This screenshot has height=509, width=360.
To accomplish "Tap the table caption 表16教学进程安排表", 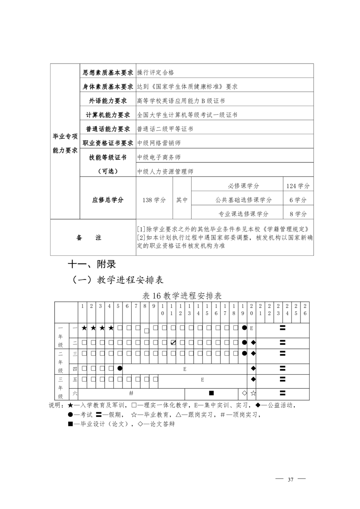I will [182, 295].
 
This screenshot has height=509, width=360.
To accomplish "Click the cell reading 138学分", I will [154, 200].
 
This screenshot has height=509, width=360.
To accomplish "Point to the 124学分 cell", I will [298, 186].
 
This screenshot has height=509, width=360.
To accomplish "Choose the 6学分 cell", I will [298, 200].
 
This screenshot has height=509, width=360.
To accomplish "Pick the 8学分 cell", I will [298, 214].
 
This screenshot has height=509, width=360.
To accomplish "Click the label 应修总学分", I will [108, 200].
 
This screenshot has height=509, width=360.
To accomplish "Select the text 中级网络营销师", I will [158, 143].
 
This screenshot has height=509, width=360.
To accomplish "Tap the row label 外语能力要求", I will [108, 101].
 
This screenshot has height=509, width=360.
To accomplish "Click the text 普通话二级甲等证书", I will [165, 129].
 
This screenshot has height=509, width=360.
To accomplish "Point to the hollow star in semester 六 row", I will [253, 392].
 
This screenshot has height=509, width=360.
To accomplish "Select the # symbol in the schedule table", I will [131, 392].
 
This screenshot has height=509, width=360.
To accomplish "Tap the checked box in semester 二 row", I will [173, 342].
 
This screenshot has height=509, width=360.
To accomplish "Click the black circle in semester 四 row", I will [120, 368].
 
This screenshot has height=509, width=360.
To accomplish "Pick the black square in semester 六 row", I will [211, 392].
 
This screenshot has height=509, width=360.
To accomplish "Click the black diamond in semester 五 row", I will [253, 379].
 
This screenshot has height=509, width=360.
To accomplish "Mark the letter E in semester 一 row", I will [251, 328].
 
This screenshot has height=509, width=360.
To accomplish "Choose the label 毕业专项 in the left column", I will [64, 136].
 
